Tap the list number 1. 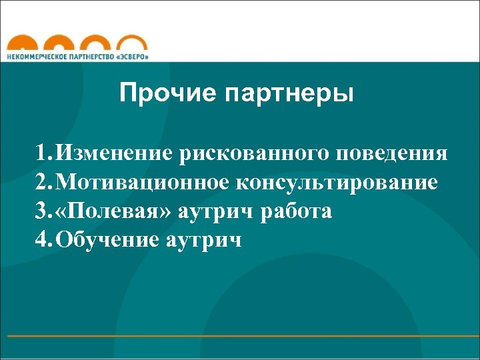point(43,155)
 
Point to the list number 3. point(43,211)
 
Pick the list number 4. point(43,239)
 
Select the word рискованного point(255,155)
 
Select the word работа point(297,211)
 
